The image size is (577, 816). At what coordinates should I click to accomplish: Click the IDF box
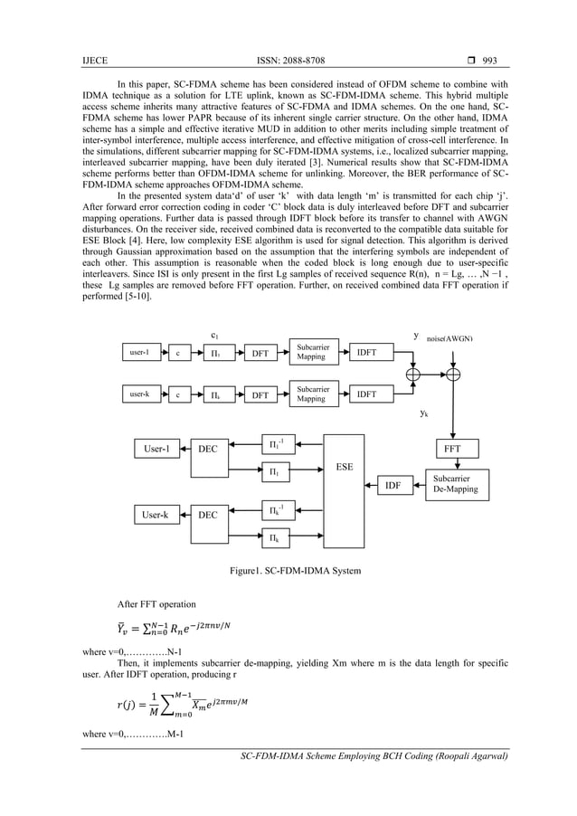tap(393, 486)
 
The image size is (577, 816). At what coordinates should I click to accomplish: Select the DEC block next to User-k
tap(209, 515)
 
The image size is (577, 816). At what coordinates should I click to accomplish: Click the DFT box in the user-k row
tap(260, 394)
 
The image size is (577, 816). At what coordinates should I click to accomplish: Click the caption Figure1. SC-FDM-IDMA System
tap(297, 572)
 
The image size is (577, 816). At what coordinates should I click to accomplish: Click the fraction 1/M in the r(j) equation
tap(131, 704)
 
